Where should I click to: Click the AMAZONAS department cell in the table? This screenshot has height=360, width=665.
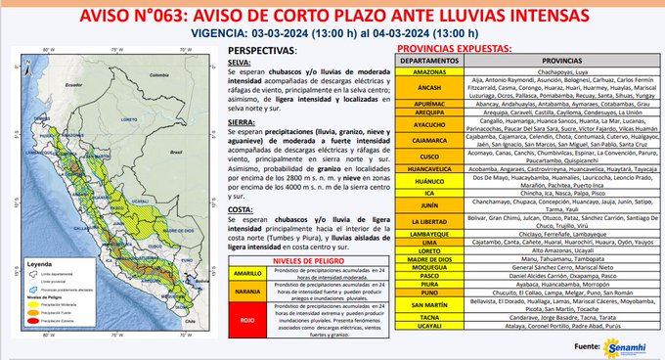point(423,72)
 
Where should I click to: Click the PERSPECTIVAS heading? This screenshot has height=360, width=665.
point(263,48)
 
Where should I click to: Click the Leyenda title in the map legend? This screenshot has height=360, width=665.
point(45,263)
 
